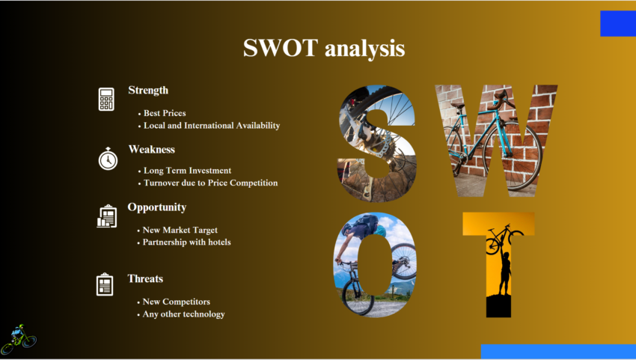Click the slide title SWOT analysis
click(324, 49)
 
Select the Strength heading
click(148, 91)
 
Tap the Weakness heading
click(151, 149)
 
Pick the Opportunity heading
click(156, 207)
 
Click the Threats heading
click(145, 279)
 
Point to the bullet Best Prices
click(165, 113)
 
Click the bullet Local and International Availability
click(212, 126)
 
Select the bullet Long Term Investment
click(187, 171)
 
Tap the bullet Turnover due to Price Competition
click(210, 183)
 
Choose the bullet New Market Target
click(180, 230)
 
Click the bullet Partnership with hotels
click(187, 242)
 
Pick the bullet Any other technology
click(184, 314)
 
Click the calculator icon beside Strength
click(106, 99)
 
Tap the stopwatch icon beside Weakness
click(108, 158)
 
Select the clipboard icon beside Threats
click(105, 284)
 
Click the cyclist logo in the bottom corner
click(19, 338)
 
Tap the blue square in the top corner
click(617, 23)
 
